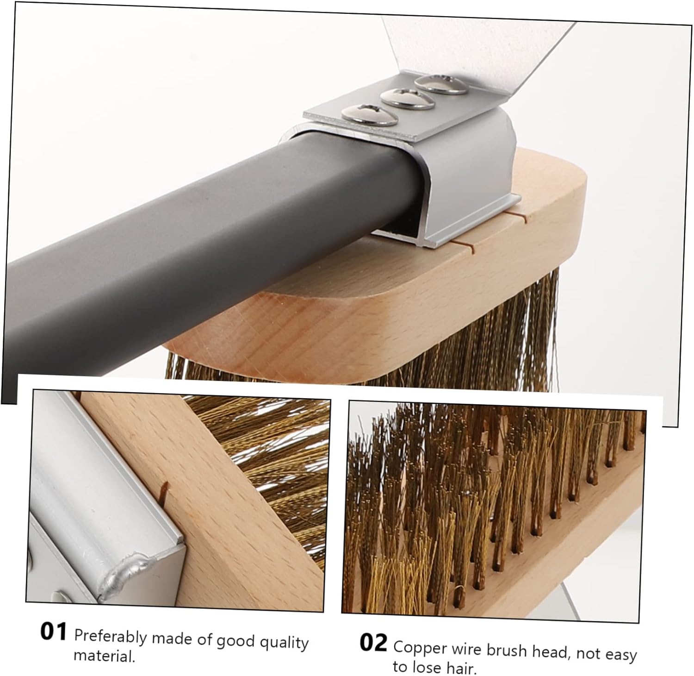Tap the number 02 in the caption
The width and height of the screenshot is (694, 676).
coord(372,643)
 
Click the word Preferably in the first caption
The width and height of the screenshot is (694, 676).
coord(110,637)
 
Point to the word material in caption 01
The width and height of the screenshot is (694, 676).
coord(104,656)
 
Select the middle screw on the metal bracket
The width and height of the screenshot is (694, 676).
coord(408,99)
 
